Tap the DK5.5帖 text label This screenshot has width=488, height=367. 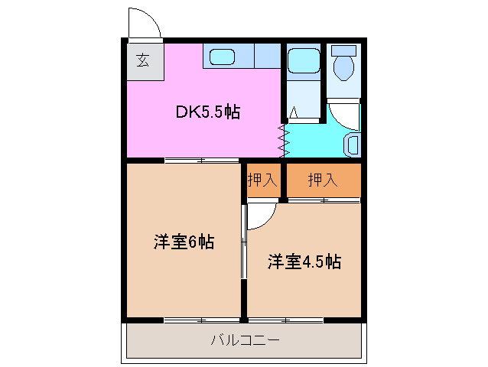[x=208, y=112]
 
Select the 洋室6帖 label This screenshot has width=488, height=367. [x=184, y=242]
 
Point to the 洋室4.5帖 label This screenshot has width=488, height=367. [x=304, y=261]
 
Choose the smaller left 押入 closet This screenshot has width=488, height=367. [x=262, y=180]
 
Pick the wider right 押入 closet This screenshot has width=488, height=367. [x=322, y=180]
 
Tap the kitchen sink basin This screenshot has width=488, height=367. [x=223, y=56]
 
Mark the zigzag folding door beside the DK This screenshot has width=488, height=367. [x=285, y=138]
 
